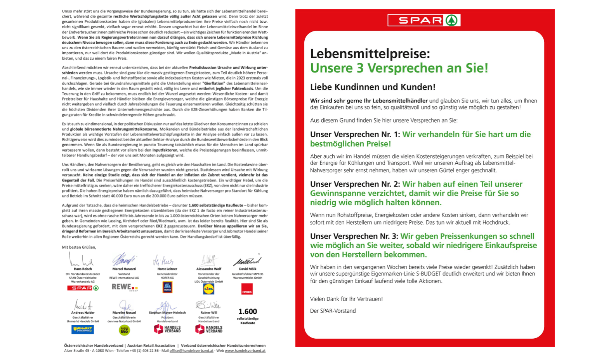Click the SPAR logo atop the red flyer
pos(424,20)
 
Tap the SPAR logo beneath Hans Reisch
pos(83,288)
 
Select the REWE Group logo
pos(124,287)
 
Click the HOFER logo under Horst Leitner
pos(167,287)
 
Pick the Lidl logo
pos(208,289)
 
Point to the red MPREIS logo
pos(247,289)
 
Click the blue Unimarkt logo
pos(83,329)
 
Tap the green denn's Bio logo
pos(124,330)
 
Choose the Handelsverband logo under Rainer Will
pos(208,329)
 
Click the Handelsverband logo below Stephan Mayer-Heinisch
pos(167,329)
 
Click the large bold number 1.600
pos(248,312)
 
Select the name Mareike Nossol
pos(124,313)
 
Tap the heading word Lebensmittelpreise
pos(370,54)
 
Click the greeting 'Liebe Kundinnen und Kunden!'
pos(373,87)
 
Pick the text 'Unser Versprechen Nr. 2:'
pos(355,184)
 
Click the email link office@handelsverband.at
pos(191,351)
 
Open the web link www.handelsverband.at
pos(245,351)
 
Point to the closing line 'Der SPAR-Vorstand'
pos(333,311)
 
